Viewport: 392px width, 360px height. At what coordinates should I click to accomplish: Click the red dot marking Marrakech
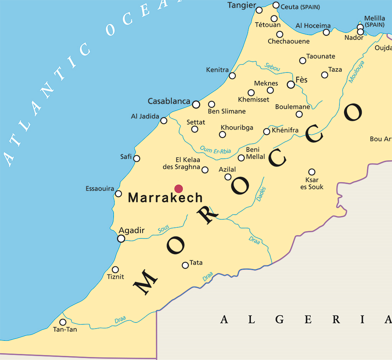[x=178, y=188]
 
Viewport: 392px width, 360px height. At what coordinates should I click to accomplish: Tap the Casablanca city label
[x=169, y=101]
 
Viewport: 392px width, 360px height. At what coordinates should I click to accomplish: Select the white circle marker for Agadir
[x=121, y=238]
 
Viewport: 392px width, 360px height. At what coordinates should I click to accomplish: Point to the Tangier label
[x=242, y=5]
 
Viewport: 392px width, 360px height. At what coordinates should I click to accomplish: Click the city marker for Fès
[x=291, y=84]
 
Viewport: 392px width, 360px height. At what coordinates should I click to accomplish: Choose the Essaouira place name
[x=100, y=189]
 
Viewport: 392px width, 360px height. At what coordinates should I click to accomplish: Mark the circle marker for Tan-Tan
[x=63, y=322]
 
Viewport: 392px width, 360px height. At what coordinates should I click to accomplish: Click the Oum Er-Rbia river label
[x=216, y=150]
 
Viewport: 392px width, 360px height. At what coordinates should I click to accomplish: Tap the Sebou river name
[x=272, y=67]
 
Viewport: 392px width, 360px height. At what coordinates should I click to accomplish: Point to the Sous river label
[x=163, y=230]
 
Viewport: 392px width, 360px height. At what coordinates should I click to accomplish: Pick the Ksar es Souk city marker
[x=312, y=172]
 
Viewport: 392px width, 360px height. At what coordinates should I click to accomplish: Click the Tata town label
[x=196, y=263]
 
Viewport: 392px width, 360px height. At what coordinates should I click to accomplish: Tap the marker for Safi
[x=137, y=158]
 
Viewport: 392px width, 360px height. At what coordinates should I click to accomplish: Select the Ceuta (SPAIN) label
[x=300, y=7]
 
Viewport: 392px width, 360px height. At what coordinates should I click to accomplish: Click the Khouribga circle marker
[x=222, y=134]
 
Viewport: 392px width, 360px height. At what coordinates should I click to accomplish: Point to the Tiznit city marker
[x=115, y=270]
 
